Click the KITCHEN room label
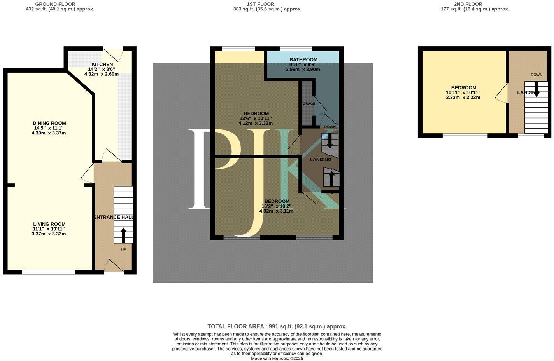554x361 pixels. [x=102, y=64]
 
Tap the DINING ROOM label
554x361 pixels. [x=49, y=123]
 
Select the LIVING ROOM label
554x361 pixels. [x=49, y=224]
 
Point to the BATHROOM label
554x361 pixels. [x=303, y=59]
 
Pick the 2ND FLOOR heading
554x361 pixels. [x=468, y=4]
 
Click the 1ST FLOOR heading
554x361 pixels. [x=260, y=4]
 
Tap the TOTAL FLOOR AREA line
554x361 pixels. [x=277, y=326]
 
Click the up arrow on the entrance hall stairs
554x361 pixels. [x=124, y=235]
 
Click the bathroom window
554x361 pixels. [x=295, y=49]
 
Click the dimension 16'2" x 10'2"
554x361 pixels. [x=276, y=206]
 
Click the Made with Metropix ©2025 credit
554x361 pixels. [x=277, y=358]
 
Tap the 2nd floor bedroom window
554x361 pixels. [x=465, y=136]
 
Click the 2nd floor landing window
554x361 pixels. [x=531, y=136]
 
